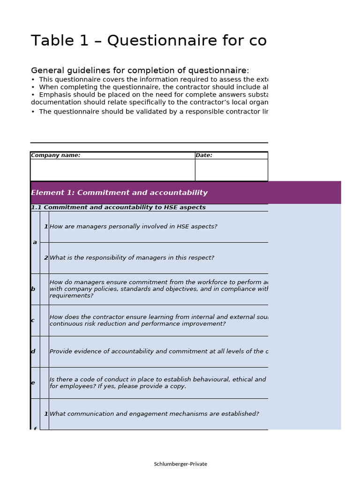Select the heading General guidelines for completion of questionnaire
click(x=140, y=71)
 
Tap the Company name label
click(x=55, y=155)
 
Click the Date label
click(x=204, y=155)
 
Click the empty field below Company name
click(x=112, y=170)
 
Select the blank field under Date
click(x=231, y=170)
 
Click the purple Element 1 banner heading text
click(x=119, y=193)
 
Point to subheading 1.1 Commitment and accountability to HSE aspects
click(x=118, y=207)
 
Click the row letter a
click(x=35, y=242)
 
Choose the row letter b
click(x=33, y=289)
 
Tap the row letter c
click(x=33, y=321)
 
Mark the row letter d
click(x=33, y=352)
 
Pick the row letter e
click(x=33, y=383)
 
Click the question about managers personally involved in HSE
click(x=133, y=227)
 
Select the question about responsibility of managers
click(x=132, y=258)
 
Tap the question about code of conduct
click(x=157, y=383)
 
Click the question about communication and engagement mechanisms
click(x=154, y=414)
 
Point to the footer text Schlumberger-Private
click(x=180, y=464)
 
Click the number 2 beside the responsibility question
click(x=46, y=258)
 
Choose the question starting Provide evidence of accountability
click(x=158, y=352)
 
